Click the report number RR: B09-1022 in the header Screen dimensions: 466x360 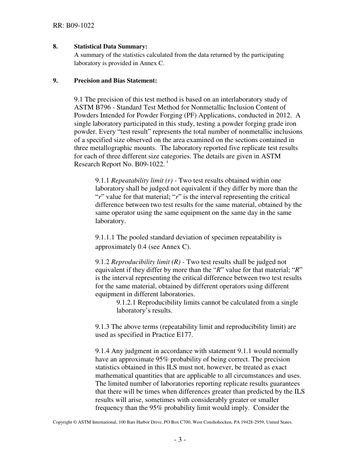coord(74,26)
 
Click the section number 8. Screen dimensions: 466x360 coord(55,47)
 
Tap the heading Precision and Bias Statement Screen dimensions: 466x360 coord(115,80)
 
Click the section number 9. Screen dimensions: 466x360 coord(55,80)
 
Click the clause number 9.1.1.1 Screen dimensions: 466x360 coord(105,238)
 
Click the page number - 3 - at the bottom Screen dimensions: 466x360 coord(180,440)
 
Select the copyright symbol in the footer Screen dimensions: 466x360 coord(75,422)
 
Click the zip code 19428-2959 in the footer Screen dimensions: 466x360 coord(253,422)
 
